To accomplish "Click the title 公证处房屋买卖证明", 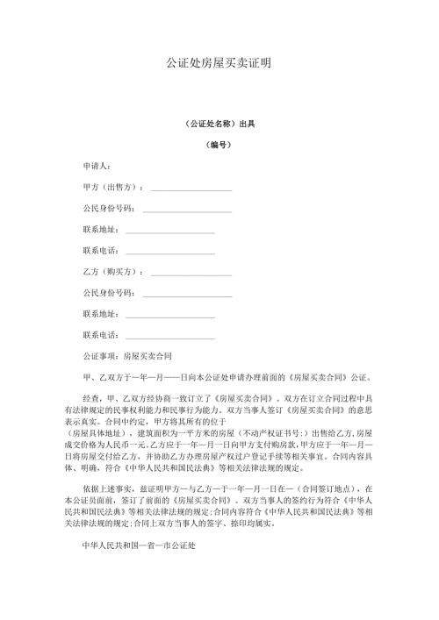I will (219, 64).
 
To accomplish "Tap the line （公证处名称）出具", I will (219, 124).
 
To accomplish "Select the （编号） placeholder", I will (219, 144).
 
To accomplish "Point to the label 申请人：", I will (96, 166).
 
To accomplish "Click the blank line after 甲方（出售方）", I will (191, 189).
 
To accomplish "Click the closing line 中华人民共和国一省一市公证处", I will (138, 570).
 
